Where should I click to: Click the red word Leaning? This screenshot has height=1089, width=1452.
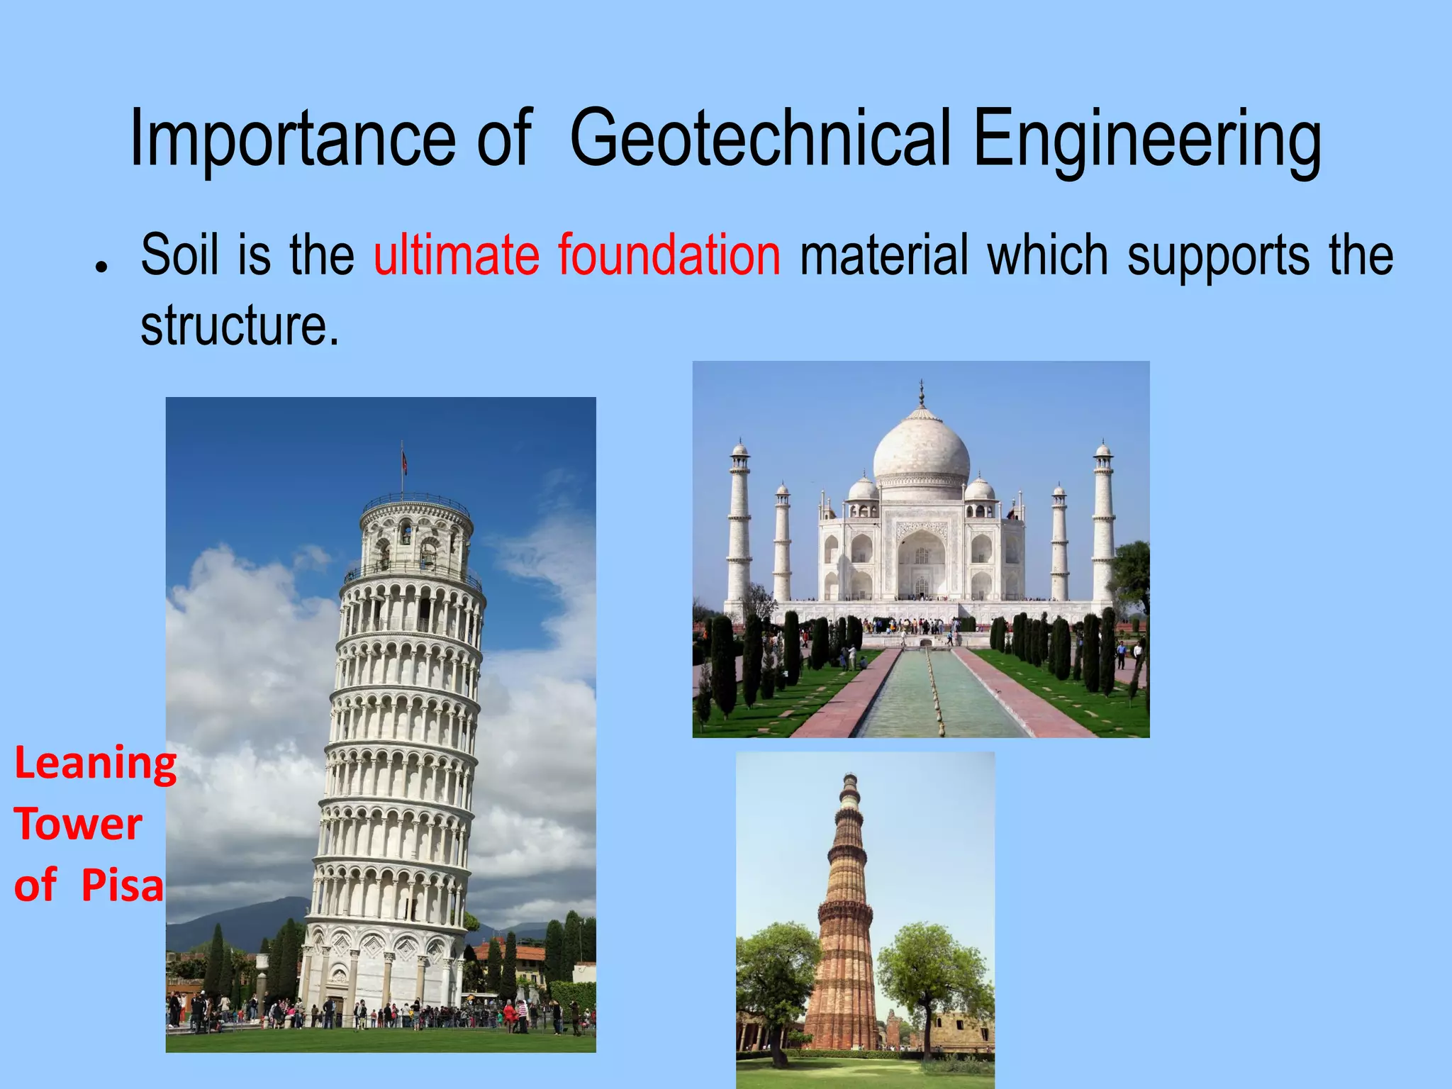[95, 764]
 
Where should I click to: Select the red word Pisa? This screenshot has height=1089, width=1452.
[122, 886]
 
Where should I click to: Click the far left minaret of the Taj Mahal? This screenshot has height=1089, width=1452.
[739, 525]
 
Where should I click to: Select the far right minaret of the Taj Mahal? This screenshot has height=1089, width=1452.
[1102, 525]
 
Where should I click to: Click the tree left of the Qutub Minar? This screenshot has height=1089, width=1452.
[776, 978]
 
